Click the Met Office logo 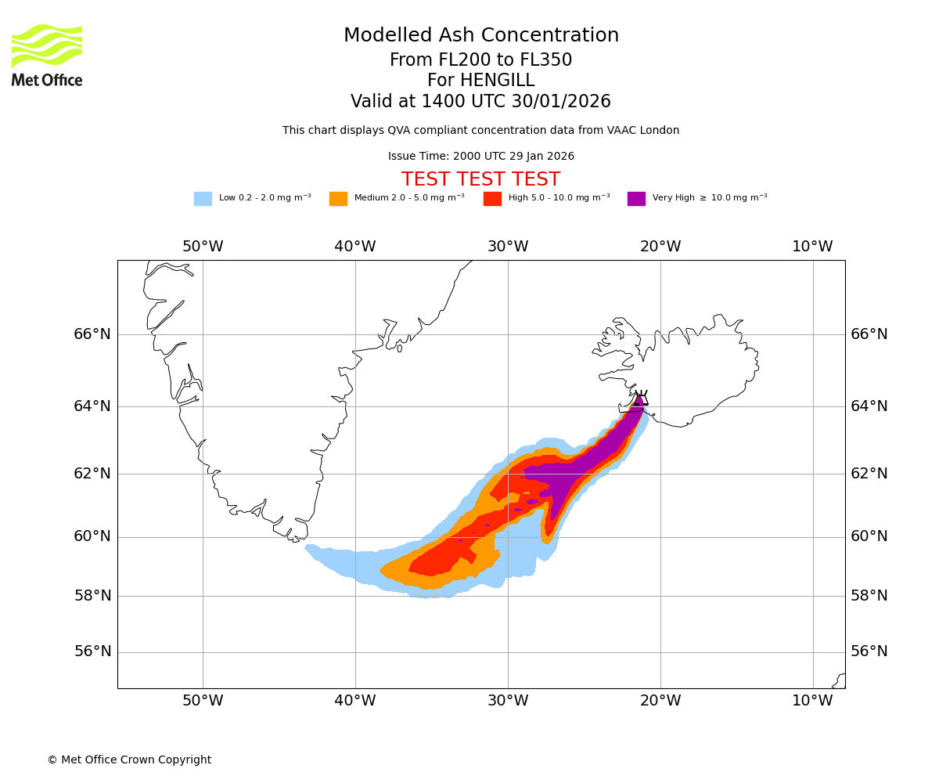coord(47,55)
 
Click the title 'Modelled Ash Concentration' coord(481,36)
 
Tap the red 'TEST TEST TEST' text coord(480,179)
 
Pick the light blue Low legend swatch coord(203,199)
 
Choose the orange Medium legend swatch coord(338,199)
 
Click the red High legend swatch coord(492,199)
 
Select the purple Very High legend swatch coord(636,199)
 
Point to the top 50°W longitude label coord(203,247)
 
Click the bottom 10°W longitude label coord(812,701)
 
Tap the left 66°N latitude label coord(92,334)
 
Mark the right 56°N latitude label coord(869,651)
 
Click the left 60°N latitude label coord(92,536)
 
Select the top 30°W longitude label coord(508,247)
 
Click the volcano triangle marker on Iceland coord(642,399)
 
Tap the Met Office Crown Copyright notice coord(129,760)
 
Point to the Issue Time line coord(480,157)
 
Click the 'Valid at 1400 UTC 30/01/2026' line coord(480,102)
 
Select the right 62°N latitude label coord(869,473)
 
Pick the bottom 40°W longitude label coord(355,701)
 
